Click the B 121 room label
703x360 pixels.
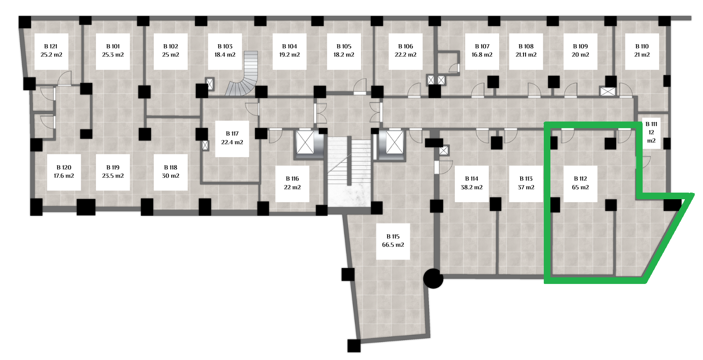pyautogui.click(x=51, y=51)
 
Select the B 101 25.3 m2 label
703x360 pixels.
pyautogui.click(x=113, y=51)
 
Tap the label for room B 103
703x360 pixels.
pyautogui.click(x=225, y=51)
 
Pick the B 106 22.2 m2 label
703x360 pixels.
pyautogui.click(x=406, y=51)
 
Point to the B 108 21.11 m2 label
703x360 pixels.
pyautogui.click(x=526, y=51)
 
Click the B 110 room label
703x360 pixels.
pyautogui.click(x=642, y=51)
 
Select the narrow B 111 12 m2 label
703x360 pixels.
pyautogui.click(x=651, y=132)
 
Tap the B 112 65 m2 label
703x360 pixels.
pyautogui.click(x=580, y=183)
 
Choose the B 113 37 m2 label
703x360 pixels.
pyautogui.click(x=526, y=183)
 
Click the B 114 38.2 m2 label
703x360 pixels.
pyautogui.click(x=471, y=183)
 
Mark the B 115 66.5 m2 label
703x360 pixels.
pyautogui.click(x=393, y=241)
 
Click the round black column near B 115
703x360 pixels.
pyautogui.click(x=433, y=279)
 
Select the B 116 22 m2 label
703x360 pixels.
pyautogui.click(x=292, y=183)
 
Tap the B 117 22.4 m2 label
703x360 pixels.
pyautogui.click(x=232, y=138)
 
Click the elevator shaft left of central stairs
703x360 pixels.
pyautogui.click(x=305, y=143)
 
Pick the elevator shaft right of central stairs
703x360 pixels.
pyautogui.click(x=394, y=143)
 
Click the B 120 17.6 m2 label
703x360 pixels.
pyautogui.click(x=64, y=172)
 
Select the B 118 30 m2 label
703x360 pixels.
pyautogui.click(x=170, y=172)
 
